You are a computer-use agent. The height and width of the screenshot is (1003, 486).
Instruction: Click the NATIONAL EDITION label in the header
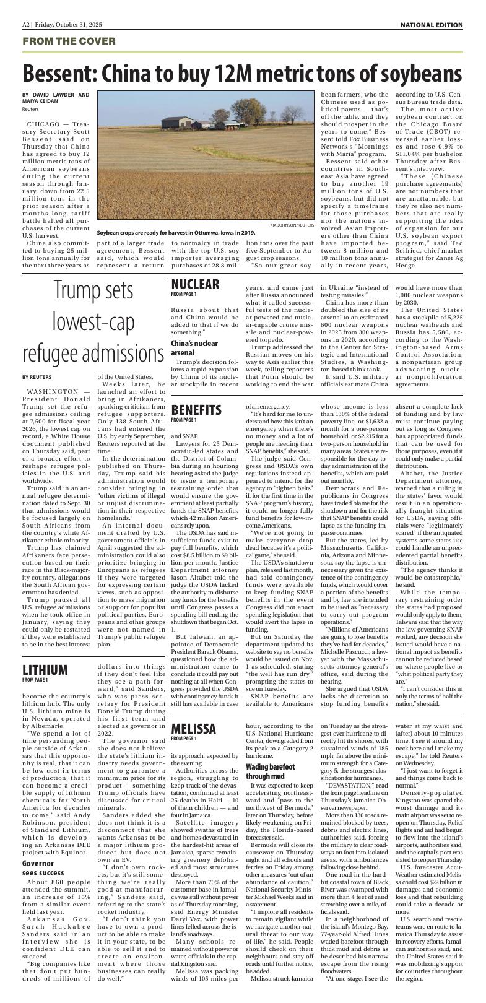pyautogui.click(x=432, y=25)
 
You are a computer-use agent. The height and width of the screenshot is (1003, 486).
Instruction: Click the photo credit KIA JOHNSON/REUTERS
pyautogui.click(x=292, y=225)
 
